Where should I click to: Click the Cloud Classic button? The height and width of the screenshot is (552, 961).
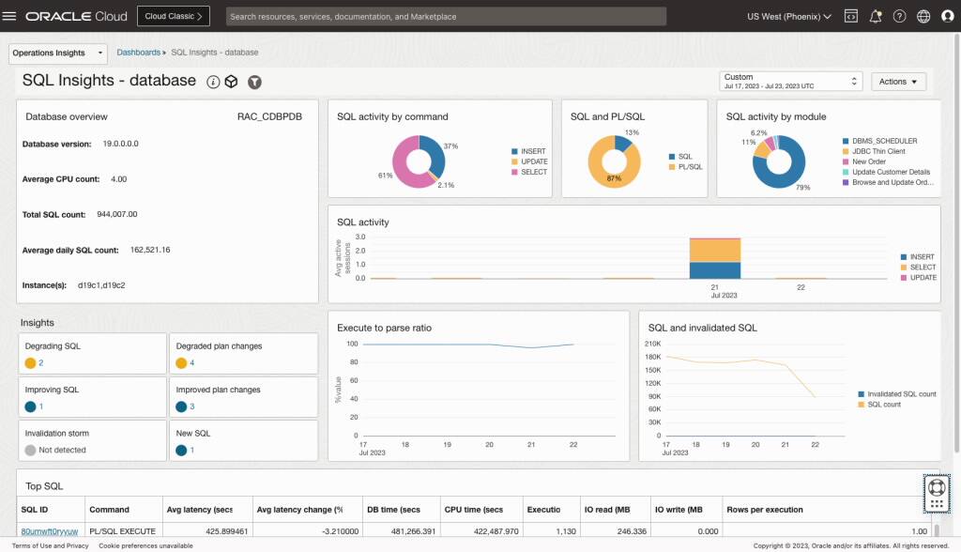[173, 16]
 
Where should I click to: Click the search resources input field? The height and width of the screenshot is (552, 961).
[446, 16]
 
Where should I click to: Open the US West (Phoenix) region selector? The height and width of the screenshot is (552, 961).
[788, 16]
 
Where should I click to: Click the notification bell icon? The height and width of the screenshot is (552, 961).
[876, 16]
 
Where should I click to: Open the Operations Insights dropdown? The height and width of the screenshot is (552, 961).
[57, 53]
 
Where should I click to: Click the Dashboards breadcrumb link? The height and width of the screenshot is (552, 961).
[138, 53]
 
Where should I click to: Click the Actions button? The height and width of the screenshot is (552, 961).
[898, 82]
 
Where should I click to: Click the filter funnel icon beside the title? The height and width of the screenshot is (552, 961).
[254, 82]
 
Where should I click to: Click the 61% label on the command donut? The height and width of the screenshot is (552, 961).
[386, 176]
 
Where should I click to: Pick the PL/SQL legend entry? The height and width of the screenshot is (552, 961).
[691, 166]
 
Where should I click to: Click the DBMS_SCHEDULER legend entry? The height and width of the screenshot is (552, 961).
[884, 141]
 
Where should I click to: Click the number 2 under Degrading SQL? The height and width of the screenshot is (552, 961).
[41, 362]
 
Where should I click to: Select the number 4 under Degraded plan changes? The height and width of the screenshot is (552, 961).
[192, 362]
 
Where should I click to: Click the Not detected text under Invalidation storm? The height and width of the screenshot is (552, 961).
[62, 450]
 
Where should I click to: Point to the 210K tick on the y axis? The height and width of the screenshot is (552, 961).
[653, 344]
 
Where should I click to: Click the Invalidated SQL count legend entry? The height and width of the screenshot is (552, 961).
[902, 394]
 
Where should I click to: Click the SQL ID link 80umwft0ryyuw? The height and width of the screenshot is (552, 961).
[50, 531]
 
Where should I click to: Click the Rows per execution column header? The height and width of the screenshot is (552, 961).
[765, 509]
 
